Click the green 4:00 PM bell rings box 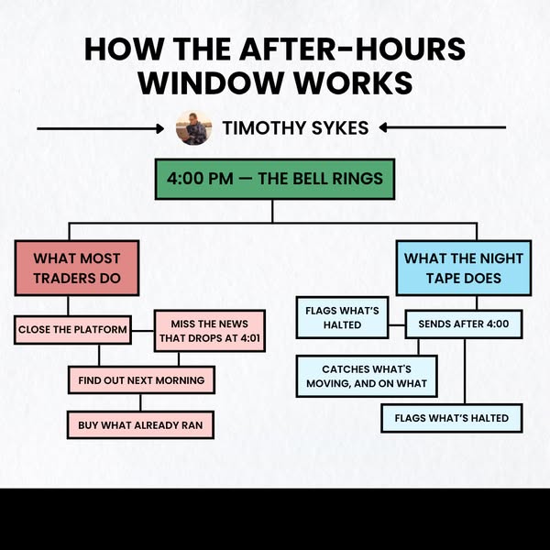pos(275,179)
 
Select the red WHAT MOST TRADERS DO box pos(77,268)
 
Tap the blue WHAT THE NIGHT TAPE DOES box pos(464,268)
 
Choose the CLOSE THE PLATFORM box pos(72,330)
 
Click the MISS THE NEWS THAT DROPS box pos(210,331)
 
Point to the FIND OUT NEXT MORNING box pos(141,380)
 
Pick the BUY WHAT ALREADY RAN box pos(140,425)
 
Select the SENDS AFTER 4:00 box pos(464,324)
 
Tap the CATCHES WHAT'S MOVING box pos(367,376)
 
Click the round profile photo pos(193,128)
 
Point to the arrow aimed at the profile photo pos(100,128)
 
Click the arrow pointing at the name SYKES pos(443,127)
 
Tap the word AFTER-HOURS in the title pos(353,49)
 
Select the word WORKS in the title pos(353,82)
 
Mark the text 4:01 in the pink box pos(250,338)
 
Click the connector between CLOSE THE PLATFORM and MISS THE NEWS pos(143,330)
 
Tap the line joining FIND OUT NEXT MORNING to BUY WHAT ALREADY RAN pos(140,402)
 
